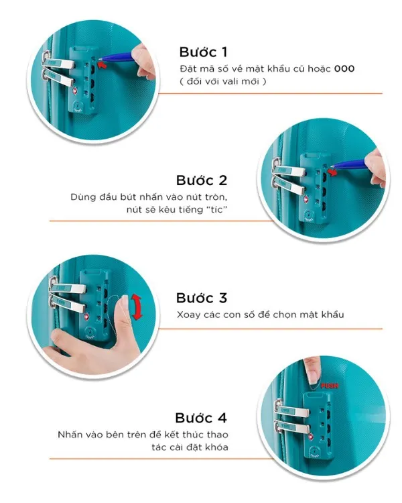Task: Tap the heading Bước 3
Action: pyautogui.click(x=202, y=298)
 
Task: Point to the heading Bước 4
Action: pyautogui.click(x=202, y=416)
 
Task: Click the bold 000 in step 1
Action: pyautogui.click(x=344, y=69)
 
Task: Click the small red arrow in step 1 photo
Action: pyautogui.click(x=102, y=65)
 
